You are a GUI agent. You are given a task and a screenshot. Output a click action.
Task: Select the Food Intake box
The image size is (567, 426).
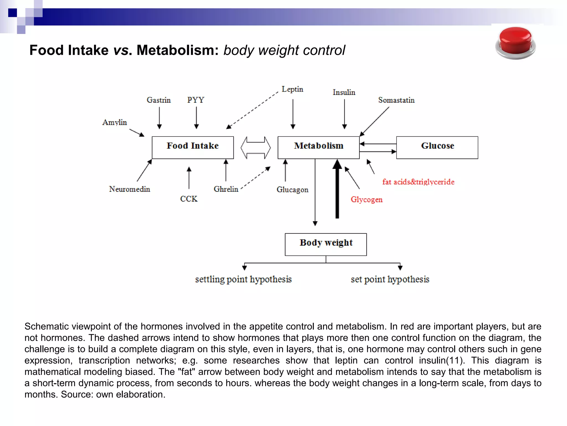(x=193, y=147)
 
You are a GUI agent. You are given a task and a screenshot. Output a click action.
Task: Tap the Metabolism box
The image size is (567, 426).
(x=318, y=147)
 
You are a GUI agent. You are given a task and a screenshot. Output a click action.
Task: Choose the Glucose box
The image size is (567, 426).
(x=437, y=147)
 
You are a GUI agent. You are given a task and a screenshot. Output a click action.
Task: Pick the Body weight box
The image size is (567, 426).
(x=326, y=244)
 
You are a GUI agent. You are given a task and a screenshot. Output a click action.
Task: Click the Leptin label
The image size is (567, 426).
(x=292, y=89)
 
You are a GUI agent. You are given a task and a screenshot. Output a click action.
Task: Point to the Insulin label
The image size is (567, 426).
(x=344, y=92)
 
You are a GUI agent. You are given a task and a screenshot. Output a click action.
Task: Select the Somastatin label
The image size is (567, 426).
(x=396, y=100)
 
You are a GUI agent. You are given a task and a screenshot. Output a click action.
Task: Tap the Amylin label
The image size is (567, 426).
(x=115, y=122)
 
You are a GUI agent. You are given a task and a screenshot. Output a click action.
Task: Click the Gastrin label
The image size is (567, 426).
(x=159, y=100)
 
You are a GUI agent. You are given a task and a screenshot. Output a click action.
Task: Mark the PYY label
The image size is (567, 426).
(x=196, y=100)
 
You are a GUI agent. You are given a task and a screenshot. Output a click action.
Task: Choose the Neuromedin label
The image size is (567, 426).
(x=130, y=189)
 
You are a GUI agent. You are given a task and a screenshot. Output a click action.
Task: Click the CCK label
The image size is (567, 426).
(x=189, y=199)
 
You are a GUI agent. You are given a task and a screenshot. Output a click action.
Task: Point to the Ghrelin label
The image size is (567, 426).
(x=226, y=189)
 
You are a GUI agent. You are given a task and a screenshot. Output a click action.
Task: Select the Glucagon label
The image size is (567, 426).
(x=292, y=190)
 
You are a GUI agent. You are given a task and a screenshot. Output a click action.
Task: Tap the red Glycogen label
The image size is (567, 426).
(x=367, y=199)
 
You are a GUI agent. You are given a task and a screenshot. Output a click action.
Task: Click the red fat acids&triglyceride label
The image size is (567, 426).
(x=418, y=182)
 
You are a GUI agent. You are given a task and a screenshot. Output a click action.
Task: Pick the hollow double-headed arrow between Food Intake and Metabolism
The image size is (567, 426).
(x=256, y=148)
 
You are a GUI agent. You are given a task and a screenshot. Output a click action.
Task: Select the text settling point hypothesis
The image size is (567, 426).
(x=243, y=279)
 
